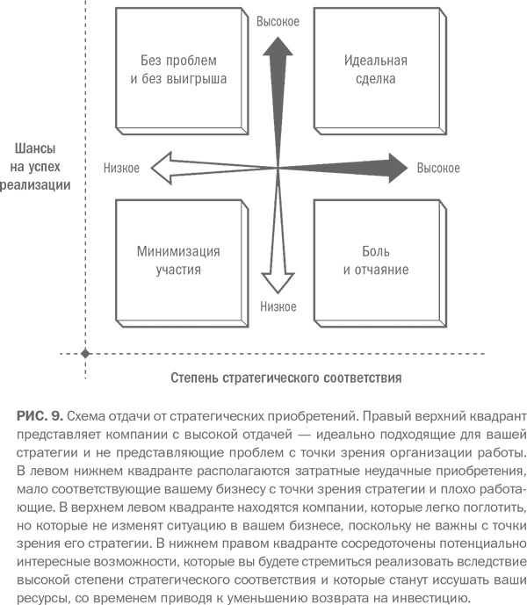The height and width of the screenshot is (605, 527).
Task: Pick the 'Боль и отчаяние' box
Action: coord(373,260)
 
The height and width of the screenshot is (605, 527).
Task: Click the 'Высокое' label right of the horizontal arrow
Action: coord(438,167)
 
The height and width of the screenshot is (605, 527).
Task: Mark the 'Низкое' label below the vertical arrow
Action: coord(278,306)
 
